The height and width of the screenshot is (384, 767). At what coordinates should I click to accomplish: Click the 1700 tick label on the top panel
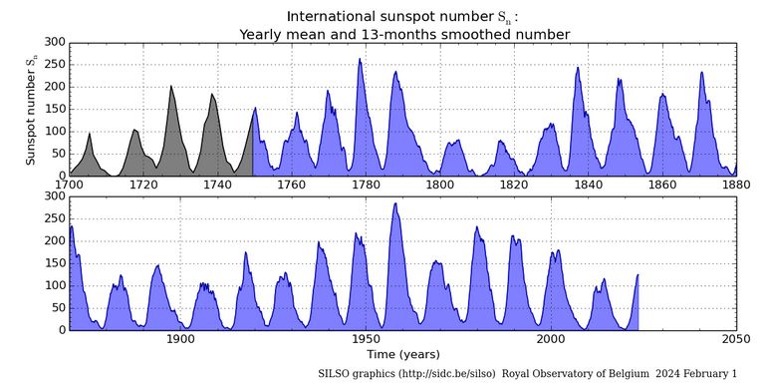(x=69, y=185)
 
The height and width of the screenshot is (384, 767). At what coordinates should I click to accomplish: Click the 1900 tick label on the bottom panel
(x=180, y=339)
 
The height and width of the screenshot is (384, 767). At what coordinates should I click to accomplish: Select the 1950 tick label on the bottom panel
(x=366, y=339)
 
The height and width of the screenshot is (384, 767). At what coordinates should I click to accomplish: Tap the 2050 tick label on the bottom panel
(x=736, y=339)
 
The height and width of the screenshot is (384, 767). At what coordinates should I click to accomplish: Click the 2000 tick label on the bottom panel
(x=551, y=339)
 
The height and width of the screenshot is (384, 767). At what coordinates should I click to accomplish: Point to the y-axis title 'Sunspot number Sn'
(x=32, y=109)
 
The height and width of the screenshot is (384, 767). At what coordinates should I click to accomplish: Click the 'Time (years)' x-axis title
(x=402, y=354)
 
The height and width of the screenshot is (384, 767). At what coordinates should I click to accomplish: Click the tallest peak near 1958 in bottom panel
(x=395, y=204)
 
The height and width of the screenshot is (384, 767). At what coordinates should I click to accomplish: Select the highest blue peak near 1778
(x=360, y=60)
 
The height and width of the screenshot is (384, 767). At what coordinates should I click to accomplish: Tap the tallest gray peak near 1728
(x=171, y=87)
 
